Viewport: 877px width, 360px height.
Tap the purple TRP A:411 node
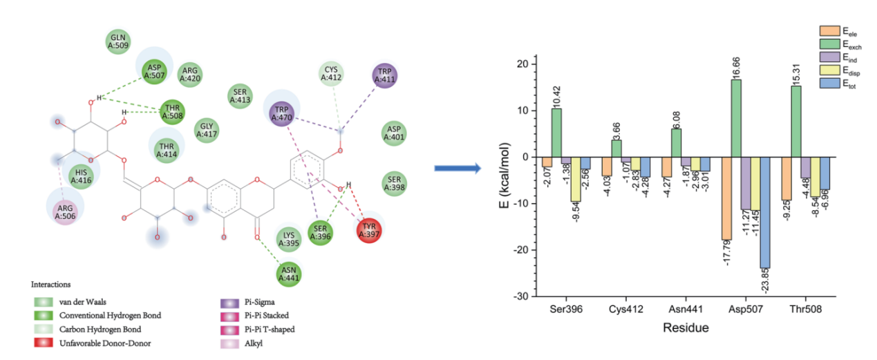(385, 75)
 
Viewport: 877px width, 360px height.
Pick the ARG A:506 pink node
(65, 211)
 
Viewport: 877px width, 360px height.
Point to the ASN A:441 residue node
(290, 274)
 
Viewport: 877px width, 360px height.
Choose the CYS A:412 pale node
(331, 73)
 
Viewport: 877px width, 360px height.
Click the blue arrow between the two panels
(457, 168)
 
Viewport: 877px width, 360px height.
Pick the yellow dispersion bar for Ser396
(575, 179)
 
